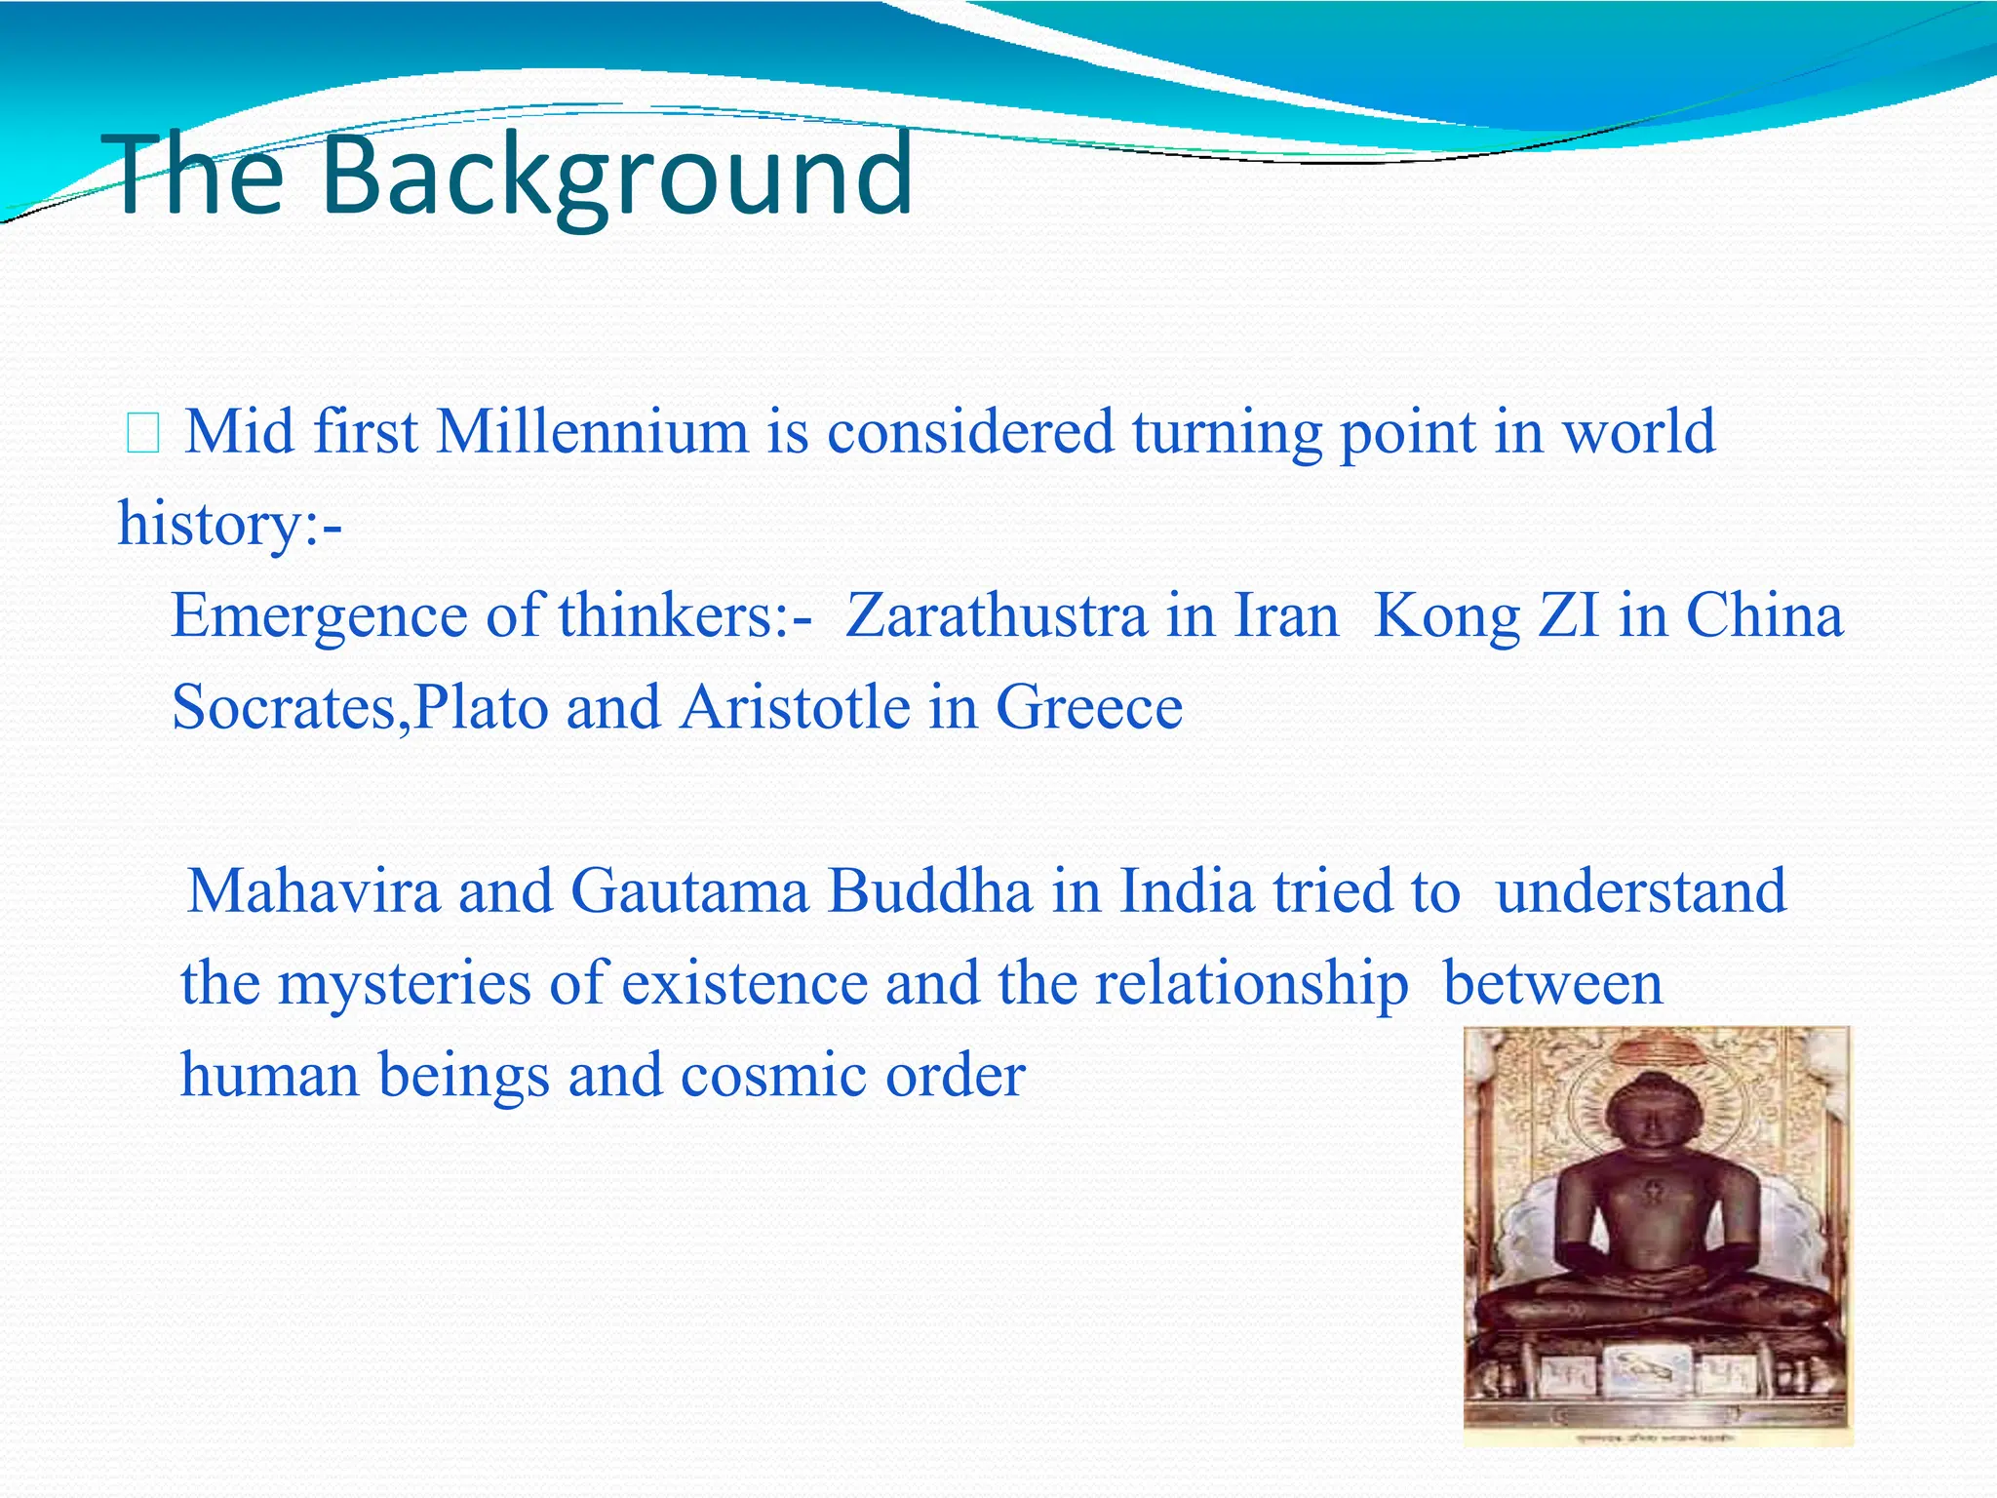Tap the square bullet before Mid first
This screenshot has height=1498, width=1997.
pyautogui.click(x=142, y=434)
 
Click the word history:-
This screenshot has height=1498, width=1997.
pyautogui.click(x=230, y=524)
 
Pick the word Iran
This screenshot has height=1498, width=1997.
pyautogui.click(x=1287, y=616)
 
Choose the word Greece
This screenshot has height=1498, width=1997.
pyautogui.click(x=1089, y=707)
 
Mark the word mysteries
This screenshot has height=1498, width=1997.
pyautogui.click(x=405, y=983)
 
